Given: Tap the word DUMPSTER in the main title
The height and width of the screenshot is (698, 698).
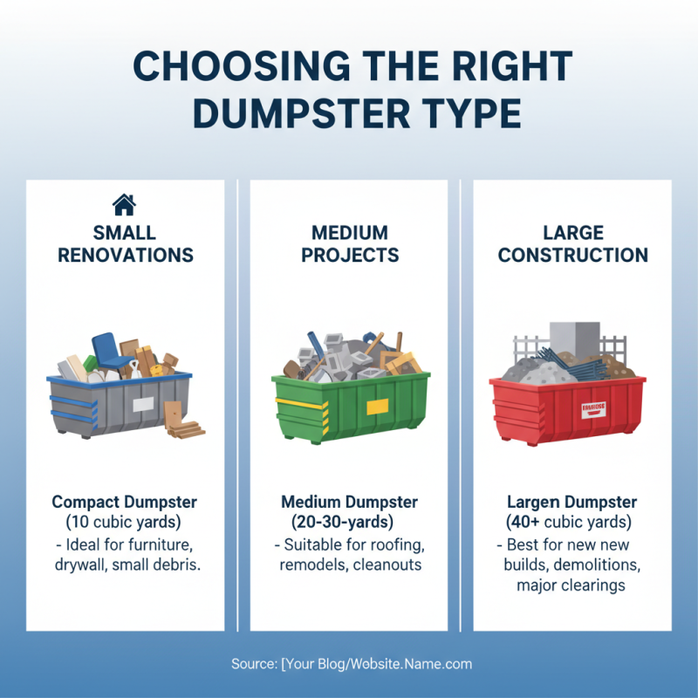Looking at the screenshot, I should (299, 113).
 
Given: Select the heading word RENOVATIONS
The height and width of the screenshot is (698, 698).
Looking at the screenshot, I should (125, 256).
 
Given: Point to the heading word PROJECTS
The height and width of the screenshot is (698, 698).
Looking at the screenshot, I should (349, 256).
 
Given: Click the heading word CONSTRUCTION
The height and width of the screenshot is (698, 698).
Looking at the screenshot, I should (572, 256).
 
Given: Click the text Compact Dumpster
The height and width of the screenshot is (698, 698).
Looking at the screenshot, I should (125, 503).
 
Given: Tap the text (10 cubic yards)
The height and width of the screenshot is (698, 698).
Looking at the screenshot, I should (125, 523).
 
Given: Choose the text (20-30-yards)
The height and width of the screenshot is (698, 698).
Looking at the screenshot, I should (349, 523).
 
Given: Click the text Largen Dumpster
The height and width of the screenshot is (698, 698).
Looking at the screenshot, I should (572, 503).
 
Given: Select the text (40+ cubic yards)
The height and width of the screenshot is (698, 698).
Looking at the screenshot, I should (572, 523).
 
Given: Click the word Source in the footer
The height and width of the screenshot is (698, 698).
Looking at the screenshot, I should (252, 664).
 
